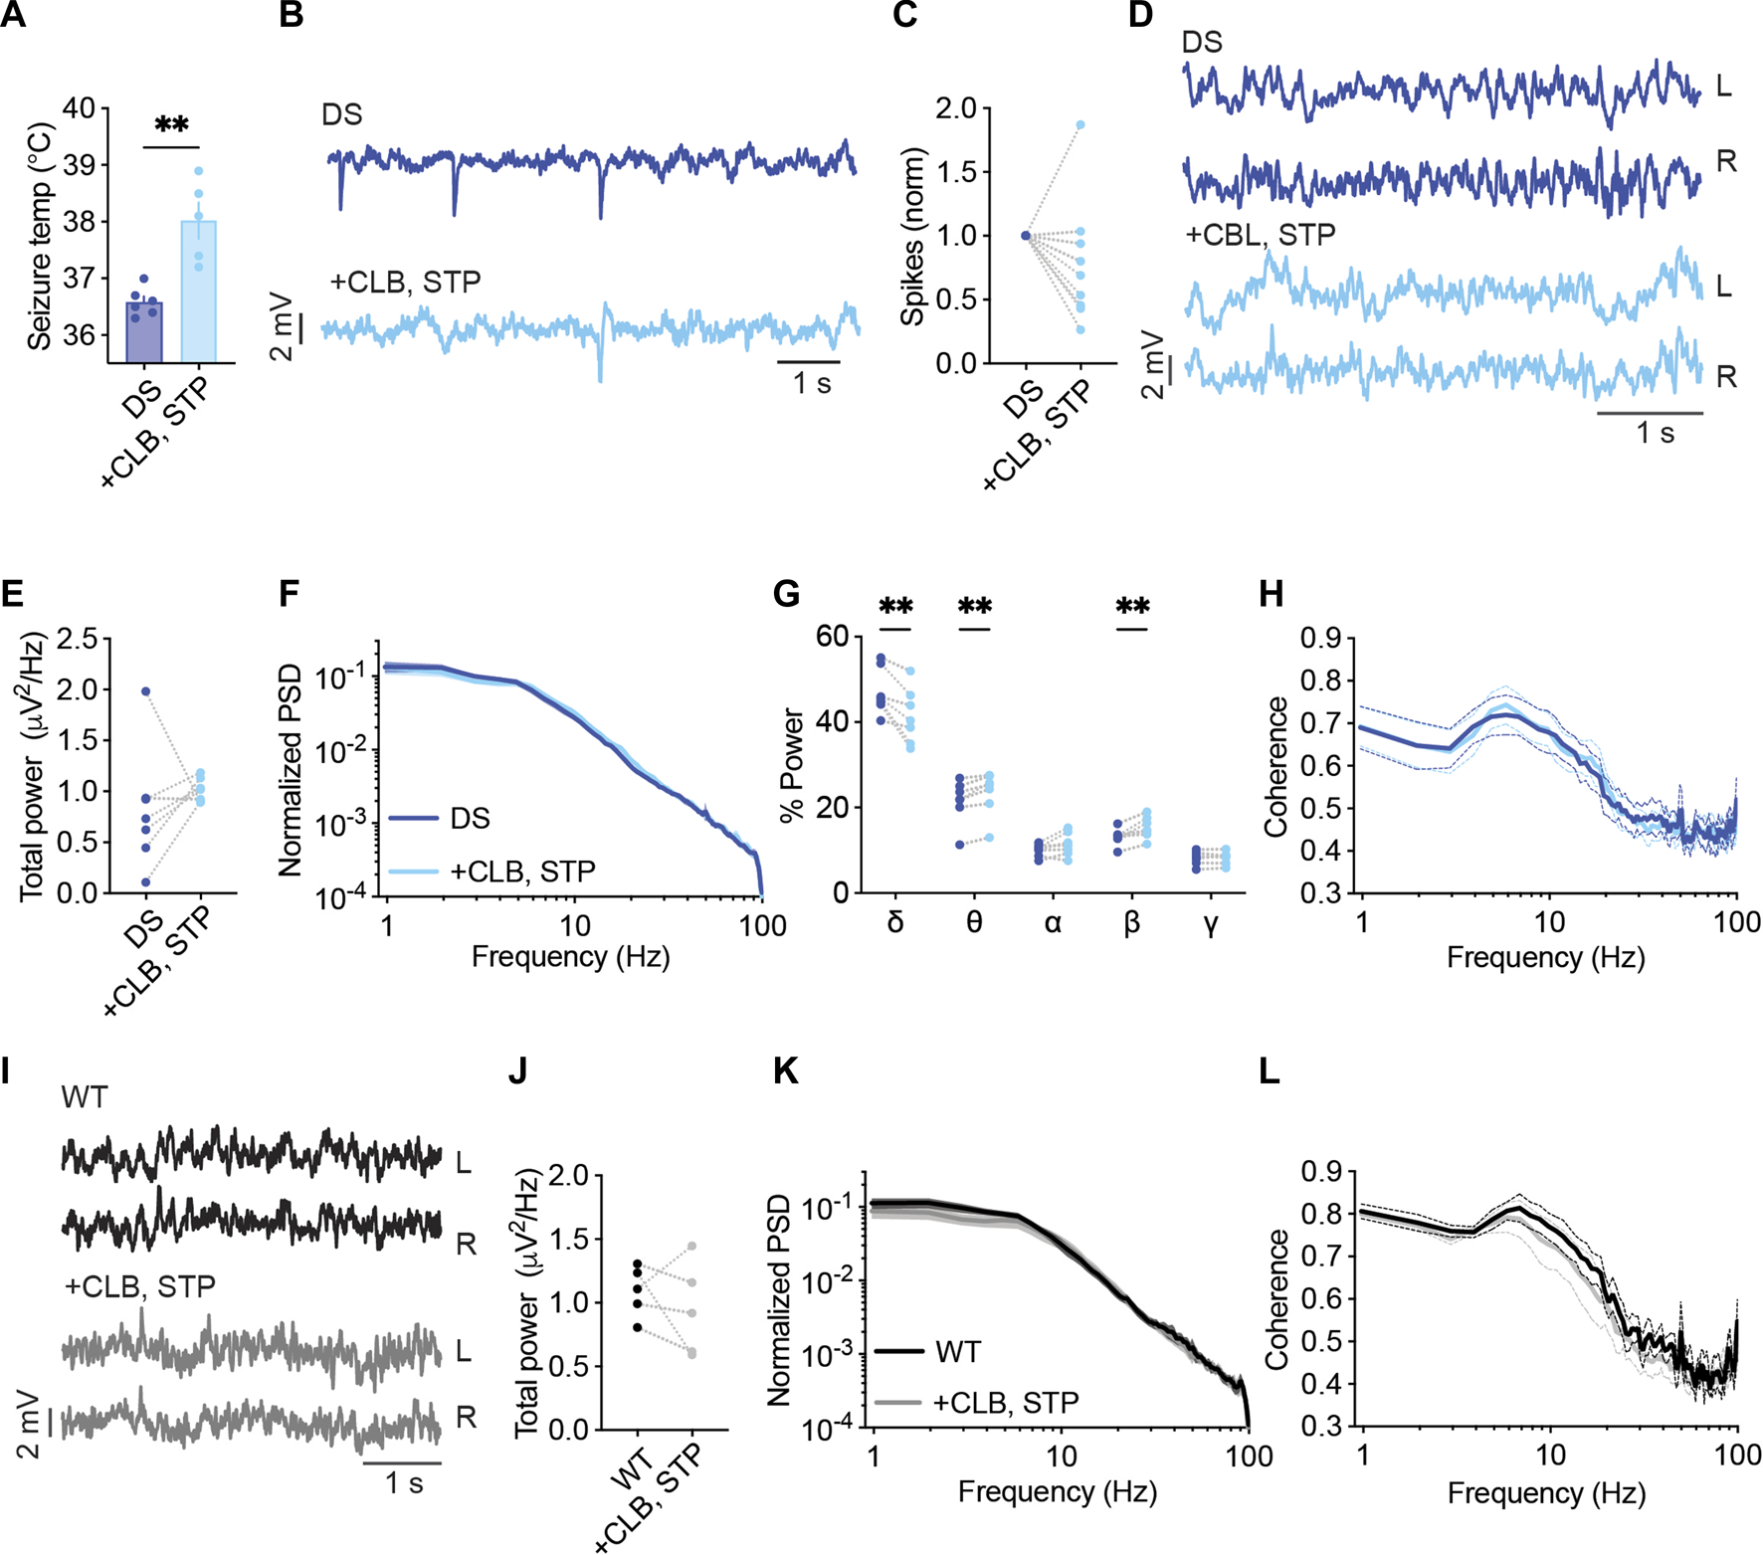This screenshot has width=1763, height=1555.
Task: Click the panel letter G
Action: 786,595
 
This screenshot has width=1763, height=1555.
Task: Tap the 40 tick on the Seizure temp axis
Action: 80,107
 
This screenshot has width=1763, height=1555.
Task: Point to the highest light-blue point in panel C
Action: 1079,125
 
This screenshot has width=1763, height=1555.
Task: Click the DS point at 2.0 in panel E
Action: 145,690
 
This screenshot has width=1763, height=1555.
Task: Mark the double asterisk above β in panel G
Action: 1132,606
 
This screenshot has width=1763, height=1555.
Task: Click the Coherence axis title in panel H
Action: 1275,766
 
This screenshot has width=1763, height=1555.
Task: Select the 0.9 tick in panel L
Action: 1321,1171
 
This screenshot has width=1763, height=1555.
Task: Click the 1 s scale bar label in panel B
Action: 811,383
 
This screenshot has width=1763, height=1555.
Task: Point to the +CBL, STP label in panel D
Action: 1260,236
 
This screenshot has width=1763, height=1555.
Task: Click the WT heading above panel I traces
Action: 84,1097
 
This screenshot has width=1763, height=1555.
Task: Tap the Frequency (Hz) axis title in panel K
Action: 1057,1491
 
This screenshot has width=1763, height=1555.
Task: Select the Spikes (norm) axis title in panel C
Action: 912,237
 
